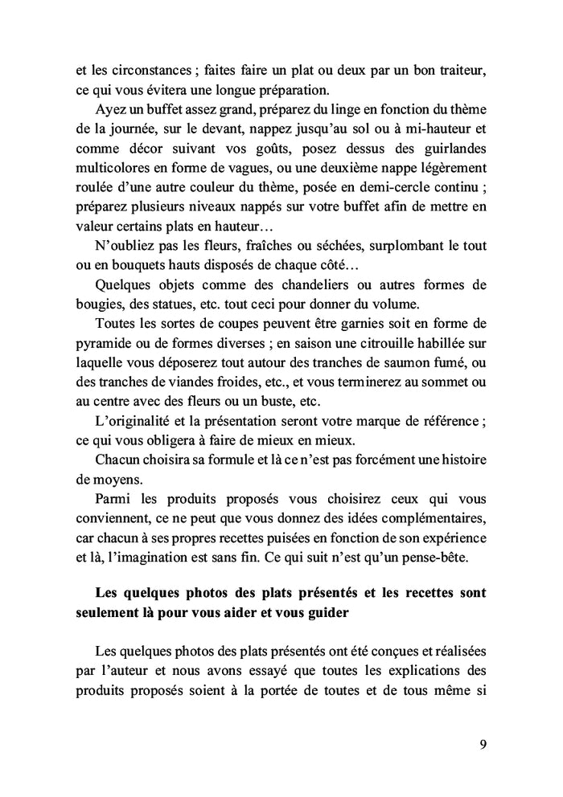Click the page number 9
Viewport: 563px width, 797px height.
coord(482,743)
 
